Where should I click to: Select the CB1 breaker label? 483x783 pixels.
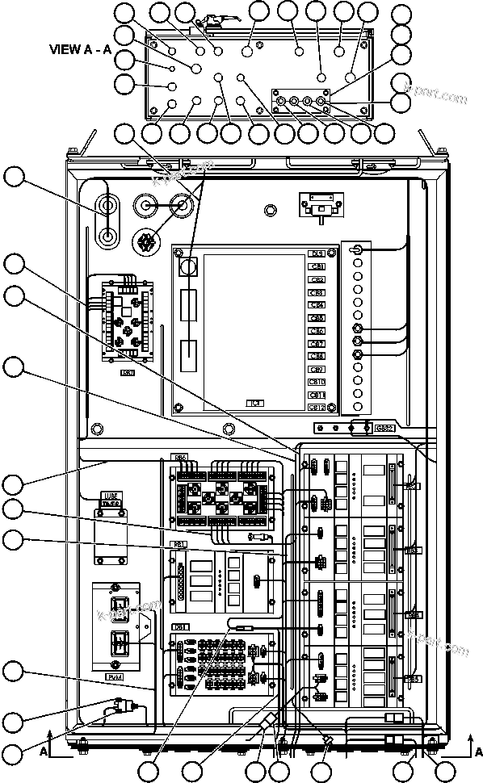tap(317, 266)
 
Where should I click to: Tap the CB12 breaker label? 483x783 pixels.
tap(317, 407)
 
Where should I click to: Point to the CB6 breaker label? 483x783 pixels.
tap(317, 330)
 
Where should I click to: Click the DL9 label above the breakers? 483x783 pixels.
tap(317, 253)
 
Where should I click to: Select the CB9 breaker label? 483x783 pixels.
tap(317, 368)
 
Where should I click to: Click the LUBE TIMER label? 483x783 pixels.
tap(111, 499)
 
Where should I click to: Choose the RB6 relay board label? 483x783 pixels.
tap(180, 458)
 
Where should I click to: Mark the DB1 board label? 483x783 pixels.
tap(181, 626)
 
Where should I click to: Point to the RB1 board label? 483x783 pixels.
tap(179, 543)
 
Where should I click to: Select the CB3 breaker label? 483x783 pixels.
tap(317, 292)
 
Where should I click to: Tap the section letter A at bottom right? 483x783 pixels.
tap(471, 751)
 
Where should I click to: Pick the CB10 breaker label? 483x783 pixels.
tap(317, 381)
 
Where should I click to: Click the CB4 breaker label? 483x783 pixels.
tap(317, 304)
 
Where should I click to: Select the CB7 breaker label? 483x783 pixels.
tap(317, 343)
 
